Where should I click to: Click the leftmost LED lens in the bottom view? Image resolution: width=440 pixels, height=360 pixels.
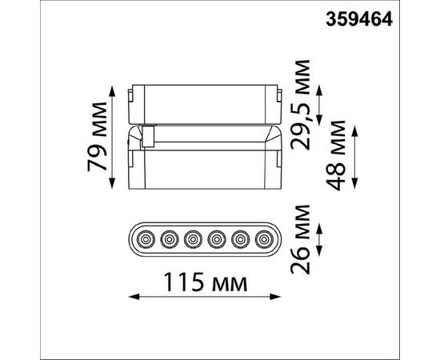pyautogui.click(x=146, y=238)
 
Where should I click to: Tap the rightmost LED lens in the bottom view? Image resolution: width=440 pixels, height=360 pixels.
pyautogui.click(x=263, y=238)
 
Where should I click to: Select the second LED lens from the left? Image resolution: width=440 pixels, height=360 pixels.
pyautogui.click(x=170, y=238)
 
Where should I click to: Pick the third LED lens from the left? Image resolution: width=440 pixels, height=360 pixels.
pyautogui.click(x=193, y=238)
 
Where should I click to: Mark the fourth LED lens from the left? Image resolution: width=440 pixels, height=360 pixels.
pyautogui.click(x=216, y=238)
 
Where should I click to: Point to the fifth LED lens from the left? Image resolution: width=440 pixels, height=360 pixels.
pyautogui.click(x=239, y=238)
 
